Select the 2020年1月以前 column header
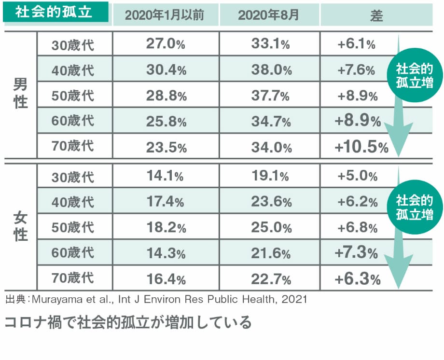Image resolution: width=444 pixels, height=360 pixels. [x=165, y=15]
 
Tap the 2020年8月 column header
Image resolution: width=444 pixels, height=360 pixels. [x=268, y=15]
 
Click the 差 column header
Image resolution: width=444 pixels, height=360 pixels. [x=376, y=15]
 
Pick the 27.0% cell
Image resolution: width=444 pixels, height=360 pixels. [x=166, y=44]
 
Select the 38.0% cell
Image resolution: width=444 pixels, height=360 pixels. [x=271, y=70]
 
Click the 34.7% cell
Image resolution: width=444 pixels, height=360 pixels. [x=271, y=121]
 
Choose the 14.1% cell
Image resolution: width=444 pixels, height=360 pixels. [x=165, y=176]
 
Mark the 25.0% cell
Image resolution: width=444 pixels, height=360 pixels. [x=271, y=227]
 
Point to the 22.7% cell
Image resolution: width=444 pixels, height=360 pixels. [x=271, y=278]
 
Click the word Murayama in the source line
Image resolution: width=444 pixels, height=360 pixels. [x=55, y=300]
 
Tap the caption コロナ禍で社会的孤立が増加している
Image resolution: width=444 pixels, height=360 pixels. [x=128, y=322]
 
